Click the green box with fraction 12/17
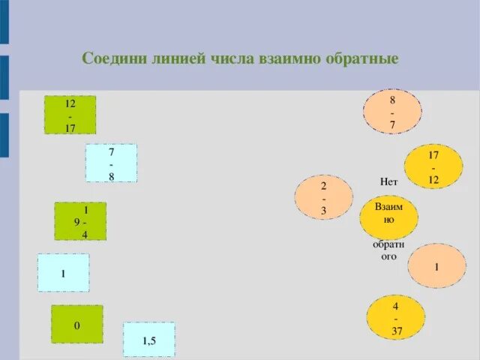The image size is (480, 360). (x=70, y=115)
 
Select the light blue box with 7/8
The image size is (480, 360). (x=111, y=163)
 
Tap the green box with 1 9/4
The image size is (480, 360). (x=80, y=221)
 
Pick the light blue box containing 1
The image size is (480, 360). (x=63, y=273)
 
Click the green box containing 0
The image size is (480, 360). (x=76, y=325)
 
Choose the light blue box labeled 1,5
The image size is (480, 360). (x=148, y=340)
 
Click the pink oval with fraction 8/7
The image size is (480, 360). (x=392, y=112)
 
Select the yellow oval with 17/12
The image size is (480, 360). (x=433, y=166)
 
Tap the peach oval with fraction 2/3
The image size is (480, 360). (x=323, y=197)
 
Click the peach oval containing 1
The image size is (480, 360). (x=436, y=265)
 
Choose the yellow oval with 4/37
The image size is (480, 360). (x=396, y=318)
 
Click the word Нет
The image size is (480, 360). (x=388, y=181)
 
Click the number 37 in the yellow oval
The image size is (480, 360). (x=397, y=331)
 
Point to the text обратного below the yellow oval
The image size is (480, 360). (x=388, y=250)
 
